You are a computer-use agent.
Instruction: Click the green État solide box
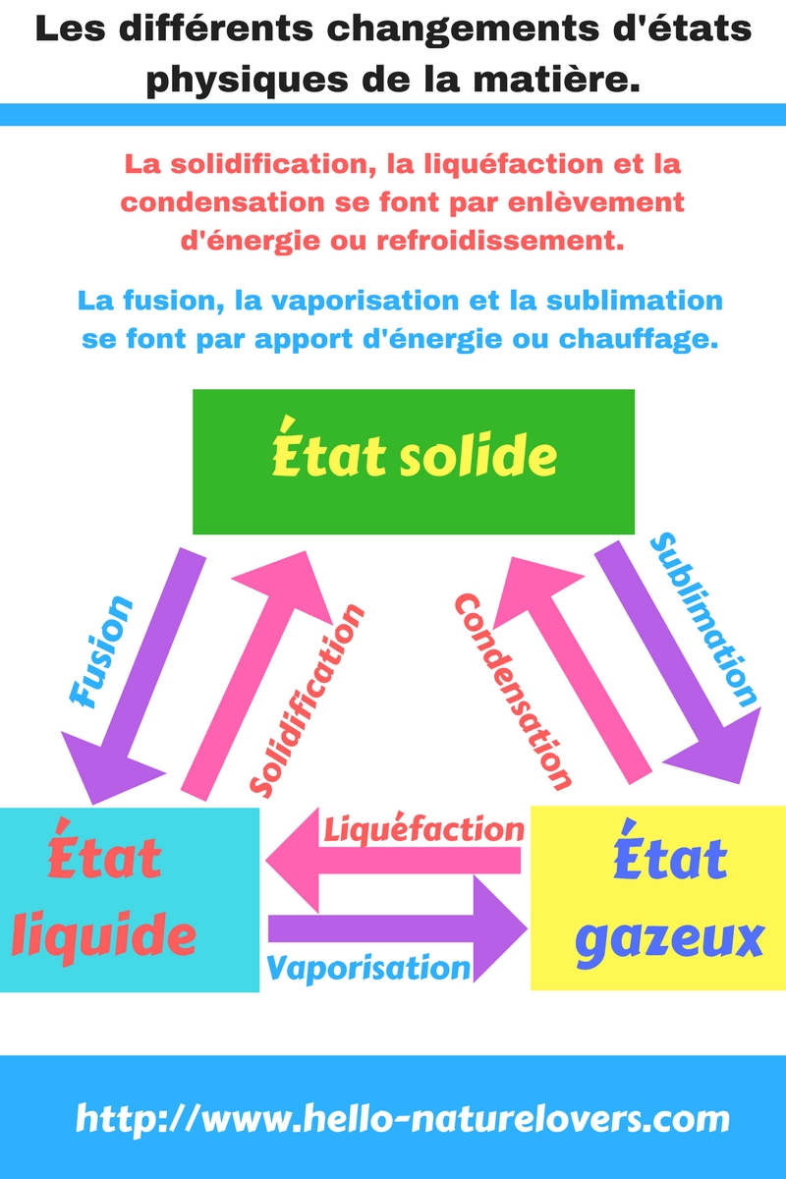click(x=413, y=462)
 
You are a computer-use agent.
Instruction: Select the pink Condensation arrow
click(x=560, y=668)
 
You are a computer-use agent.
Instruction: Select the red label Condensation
click(x=512, y=692)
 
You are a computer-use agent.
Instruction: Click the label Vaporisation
click(x=368, y=968)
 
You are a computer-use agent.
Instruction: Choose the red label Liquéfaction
click(x=422, y=829)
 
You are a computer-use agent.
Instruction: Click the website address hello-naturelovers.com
click(x=403, y=1118)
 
